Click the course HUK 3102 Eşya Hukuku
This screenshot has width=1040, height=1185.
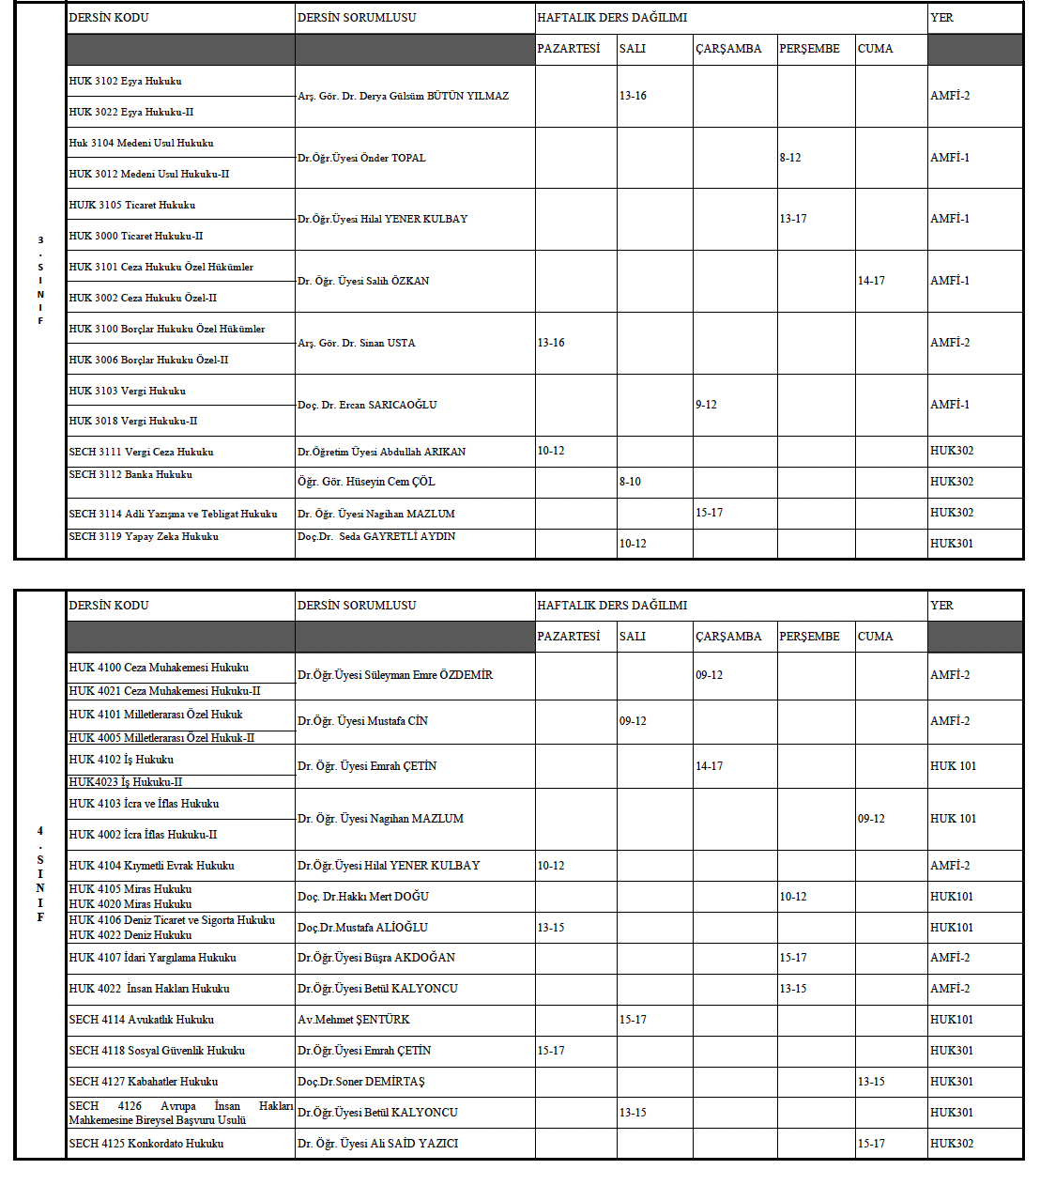coord(125,81)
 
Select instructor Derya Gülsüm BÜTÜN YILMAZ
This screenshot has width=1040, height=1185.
coord(403,96)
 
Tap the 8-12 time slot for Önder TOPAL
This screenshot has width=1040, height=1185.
coord(789,158)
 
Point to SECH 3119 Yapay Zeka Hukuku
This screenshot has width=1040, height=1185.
coord(144,536)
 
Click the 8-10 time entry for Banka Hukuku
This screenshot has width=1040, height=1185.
coord(630,482)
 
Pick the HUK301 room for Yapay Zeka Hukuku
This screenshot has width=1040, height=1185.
coord(951,544)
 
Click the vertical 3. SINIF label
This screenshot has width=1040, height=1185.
coord(40,280)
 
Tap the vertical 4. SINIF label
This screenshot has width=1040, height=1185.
coord(40,873)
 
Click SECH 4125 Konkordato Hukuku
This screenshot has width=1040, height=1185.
coord(146,1144)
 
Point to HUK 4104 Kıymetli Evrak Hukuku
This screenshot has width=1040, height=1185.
coord(151,866)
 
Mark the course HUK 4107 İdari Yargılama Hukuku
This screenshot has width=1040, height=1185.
coord(152,958)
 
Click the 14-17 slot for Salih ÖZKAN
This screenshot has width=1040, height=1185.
coord(871,281)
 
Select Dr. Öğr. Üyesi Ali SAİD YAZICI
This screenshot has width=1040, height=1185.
coord(378,1144)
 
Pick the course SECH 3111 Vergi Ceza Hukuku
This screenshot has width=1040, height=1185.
coord(141,452)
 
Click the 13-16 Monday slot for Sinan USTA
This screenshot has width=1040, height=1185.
coord(551,343)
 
